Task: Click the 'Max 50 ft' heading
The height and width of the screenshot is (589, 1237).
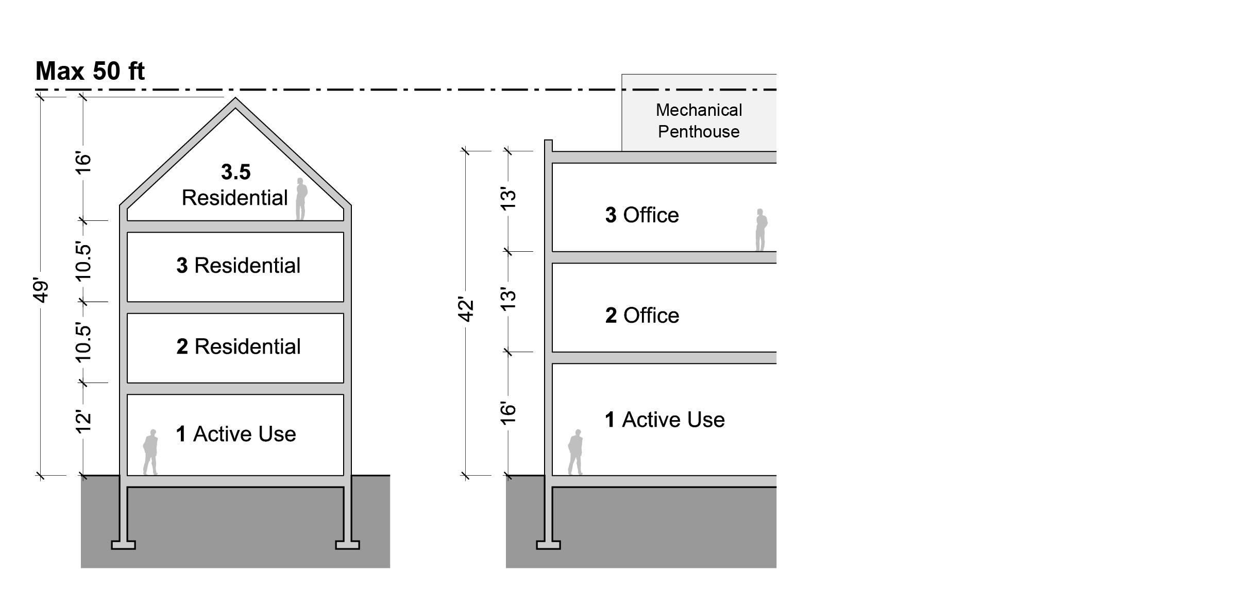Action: click(x=90, y=71)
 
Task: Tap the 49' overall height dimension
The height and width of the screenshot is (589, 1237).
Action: click(x=41, y=291)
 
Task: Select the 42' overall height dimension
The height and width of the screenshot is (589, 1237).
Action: click(x=466, y=309)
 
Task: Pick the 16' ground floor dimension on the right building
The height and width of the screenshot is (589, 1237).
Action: click(x=508, y=413)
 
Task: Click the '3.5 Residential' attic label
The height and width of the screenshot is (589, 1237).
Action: click(x=235, y=185)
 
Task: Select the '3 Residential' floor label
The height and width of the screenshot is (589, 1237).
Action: click(x=238, y=266)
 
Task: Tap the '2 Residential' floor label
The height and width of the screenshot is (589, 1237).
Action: click(x=238, y=347)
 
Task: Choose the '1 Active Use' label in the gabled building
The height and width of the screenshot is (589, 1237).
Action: click(x=236, y=434)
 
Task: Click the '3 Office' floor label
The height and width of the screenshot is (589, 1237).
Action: click(x=642, y=215)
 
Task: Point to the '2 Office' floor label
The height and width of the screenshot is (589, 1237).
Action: click(x=642, y=316)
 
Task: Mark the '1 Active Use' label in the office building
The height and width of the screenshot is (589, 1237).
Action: click(x=665, y=420)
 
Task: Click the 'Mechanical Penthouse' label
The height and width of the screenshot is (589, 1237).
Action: click(x=699, y=121)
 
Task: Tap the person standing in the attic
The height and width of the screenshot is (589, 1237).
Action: click(x=301, y=199)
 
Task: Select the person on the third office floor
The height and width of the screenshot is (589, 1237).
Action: click(x=761, y=230)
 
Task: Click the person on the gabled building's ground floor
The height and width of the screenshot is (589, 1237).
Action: click(x=150, y=452)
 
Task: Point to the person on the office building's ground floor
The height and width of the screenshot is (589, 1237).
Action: click(x=575, y=452)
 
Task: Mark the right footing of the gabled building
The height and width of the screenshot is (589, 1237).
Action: click(x=347, y=544)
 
